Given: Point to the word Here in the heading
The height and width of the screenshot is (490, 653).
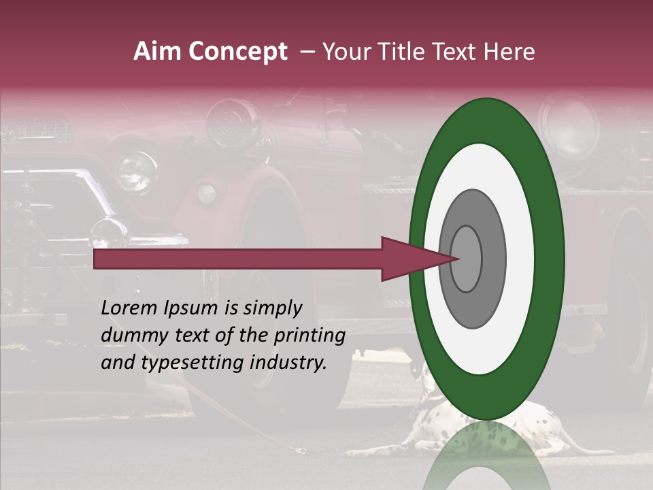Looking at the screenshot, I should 510,52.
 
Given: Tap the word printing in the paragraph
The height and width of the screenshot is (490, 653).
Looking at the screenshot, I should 309,336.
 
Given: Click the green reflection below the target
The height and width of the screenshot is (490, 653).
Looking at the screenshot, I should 486,456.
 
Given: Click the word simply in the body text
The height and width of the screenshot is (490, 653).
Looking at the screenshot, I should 272,308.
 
